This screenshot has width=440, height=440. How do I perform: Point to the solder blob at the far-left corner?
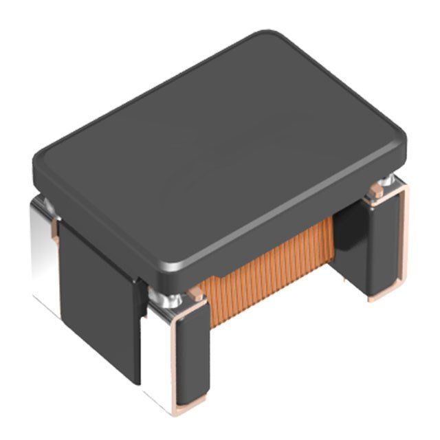44,202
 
